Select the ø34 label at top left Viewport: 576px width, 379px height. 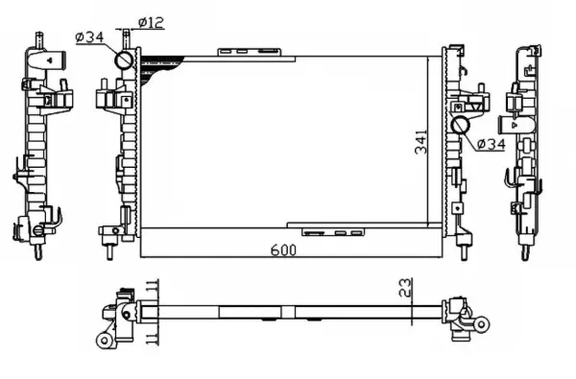point(88,38)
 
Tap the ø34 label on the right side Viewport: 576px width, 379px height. point(490,144)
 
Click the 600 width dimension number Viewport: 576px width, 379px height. point(281,249)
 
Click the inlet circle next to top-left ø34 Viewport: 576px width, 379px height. point(125,60)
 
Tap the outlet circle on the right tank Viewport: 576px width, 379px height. point(460,126)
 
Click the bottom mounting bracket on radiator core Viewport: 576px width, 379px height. point(331,231)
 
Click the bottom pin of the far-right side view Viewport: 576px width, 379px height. point(525,251)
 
